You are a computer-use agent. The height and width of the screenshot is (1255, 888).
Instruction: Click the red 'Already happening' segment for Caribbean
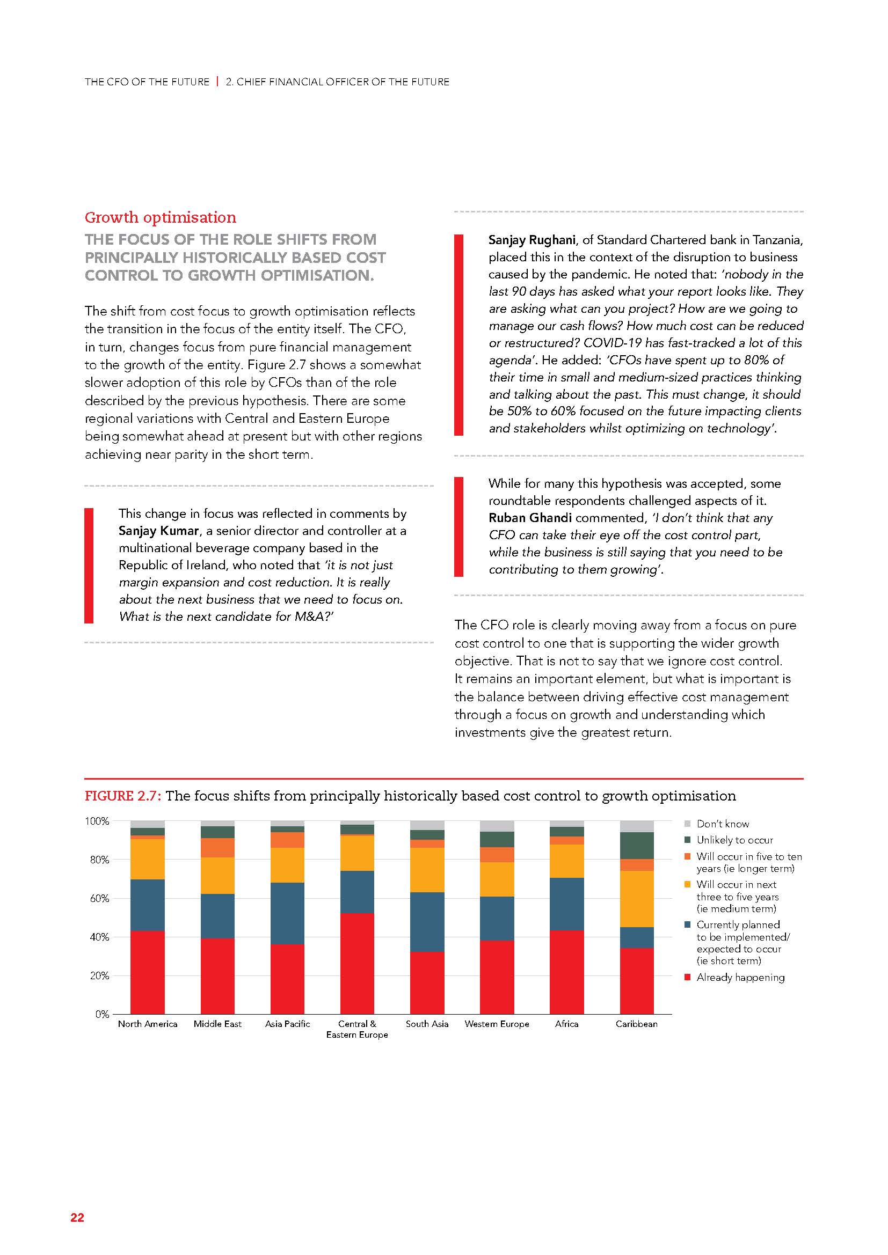pos(637,981)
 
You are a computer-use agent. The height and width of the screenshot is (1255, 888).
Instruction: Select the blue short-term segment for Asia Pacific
pos(288,913)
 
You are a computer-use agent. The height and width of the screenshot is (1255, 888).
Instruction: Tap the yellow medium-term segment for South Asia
pos(427,870)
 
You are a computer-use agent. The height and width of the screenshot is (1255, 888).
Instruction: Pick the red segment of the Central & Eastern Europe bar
pos(357,963)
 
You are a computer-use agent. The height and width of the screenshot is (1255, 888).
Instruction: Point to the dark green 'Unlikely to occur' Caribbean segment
pos(637,846)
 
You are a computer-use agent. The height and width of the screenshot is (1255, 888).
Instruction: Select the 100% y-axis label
pos(97,821)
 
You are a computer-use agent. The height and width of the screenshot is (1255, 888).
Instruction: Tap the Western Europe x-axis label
pos(497,1024)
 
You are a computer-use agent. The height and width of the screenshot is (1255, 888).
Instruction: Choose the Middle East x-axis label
pos(217,1024)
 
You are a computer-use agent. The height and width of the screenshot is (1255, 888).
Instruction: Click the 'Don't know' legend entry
pos(722,824)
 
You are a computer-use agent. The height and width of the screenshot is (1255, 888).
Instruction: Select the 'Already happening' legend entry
pos(740,977)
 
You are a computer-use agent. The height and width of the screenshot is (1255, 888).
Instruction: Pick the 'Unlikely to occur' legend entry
pos(734,840)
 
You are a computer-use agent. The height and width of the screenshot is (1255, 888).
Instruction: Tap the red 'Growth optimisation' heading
pos(160,217)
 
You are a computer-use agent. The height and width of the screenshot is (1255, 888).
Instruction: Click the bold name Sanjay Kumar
pos(158,531)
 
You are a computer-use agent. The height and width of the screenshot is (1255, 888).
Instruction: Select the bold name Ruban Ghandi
pos(530,518)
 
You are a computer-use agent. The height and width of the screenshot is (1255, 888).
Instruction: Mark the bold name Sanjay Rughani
pos(532,240)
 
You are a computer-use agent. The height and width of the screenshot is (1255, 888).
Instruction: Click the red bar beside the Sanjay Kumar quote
pos(89,565)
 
